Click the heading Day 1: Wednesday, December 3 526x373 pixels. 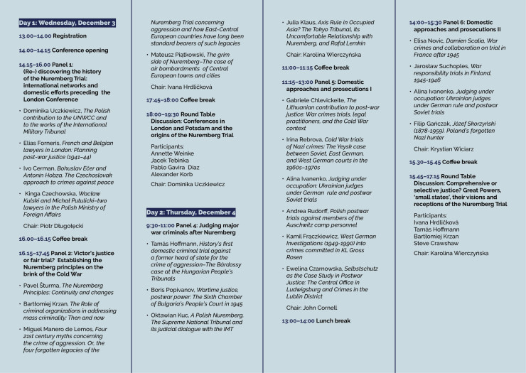[x=68, y=23]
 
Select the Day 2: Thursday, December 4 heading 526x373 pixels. [x=190, y=212]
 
